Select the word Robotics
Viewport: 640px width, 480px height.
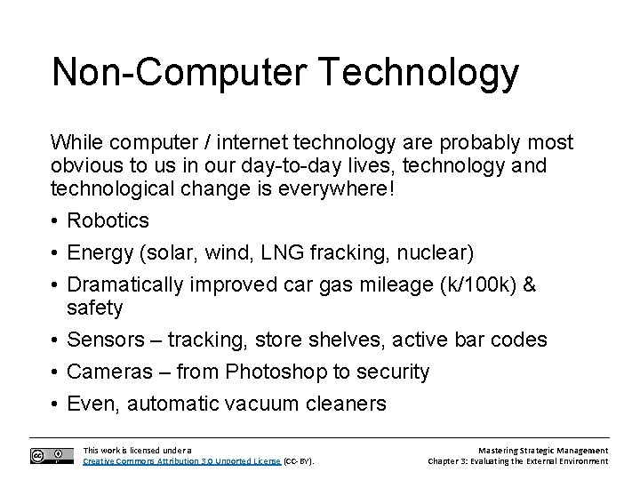(x=108, y=220)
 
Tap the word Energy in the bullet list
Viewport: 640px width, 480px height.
(x=100, y=253)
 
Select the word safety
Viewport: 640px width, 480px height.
(x=95, y=308)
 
